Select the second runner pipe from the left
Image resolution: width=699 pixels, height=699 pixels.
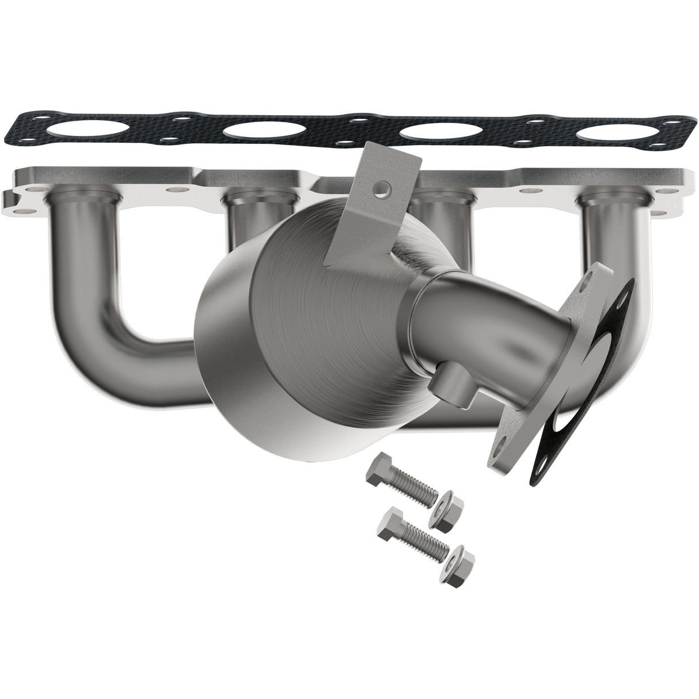(248, 225)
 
